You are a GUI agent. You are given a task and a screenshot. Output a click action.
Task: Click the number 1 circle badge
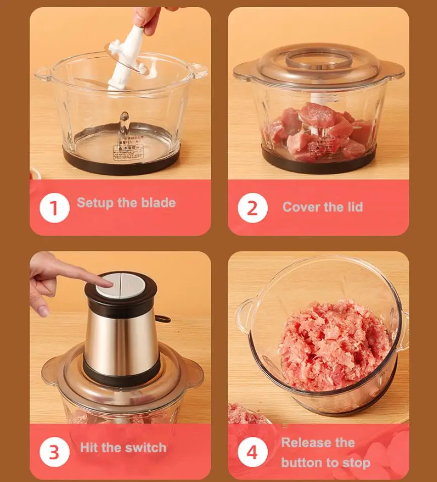coord(55,208)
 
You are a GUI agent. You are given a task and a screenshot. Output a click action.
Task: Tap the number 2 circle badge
coord(252,208)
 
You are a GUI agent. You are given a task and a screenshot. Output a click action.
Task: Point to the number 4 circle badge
coord(252,452)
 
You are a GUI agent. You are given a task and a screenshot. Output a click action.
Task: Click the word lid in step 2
coord(353,207)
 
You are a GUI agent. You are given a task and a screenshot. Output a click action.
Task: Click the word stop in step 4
coord(356,462)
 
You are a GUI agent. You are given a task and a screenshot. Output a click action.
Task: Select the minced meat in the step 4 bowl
coord(333,344)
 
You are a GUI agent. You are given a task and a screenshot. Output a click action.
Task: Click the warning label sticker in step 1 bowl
coord(127,150)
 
